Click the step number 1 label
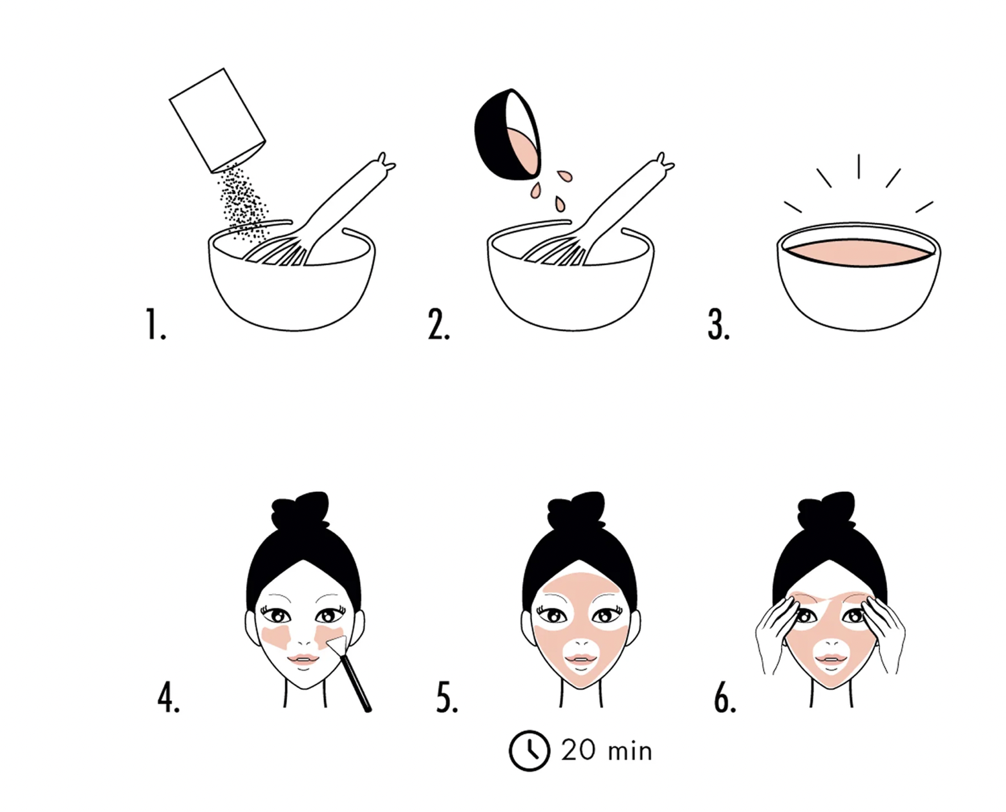click(155, 324)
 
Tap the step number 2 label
click(438, 324)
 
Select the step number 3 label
click(718, 324)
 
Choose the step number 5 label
click(447, 698)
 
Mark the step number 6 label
click(725, 698)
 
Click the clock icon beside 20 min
click(529, 751)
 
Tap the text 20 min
click(606, 751)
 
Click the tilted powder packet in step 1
click(217, 120)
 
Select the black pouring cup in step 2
click(508, 135)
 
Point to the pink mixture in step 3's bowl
click(858, 252)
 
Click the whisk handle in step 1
click(350, 198)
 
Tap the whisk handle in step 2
click(628, 198)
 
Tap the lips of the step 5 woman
click(581, 659)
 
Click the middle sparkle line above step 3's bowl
click(858, 166)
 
